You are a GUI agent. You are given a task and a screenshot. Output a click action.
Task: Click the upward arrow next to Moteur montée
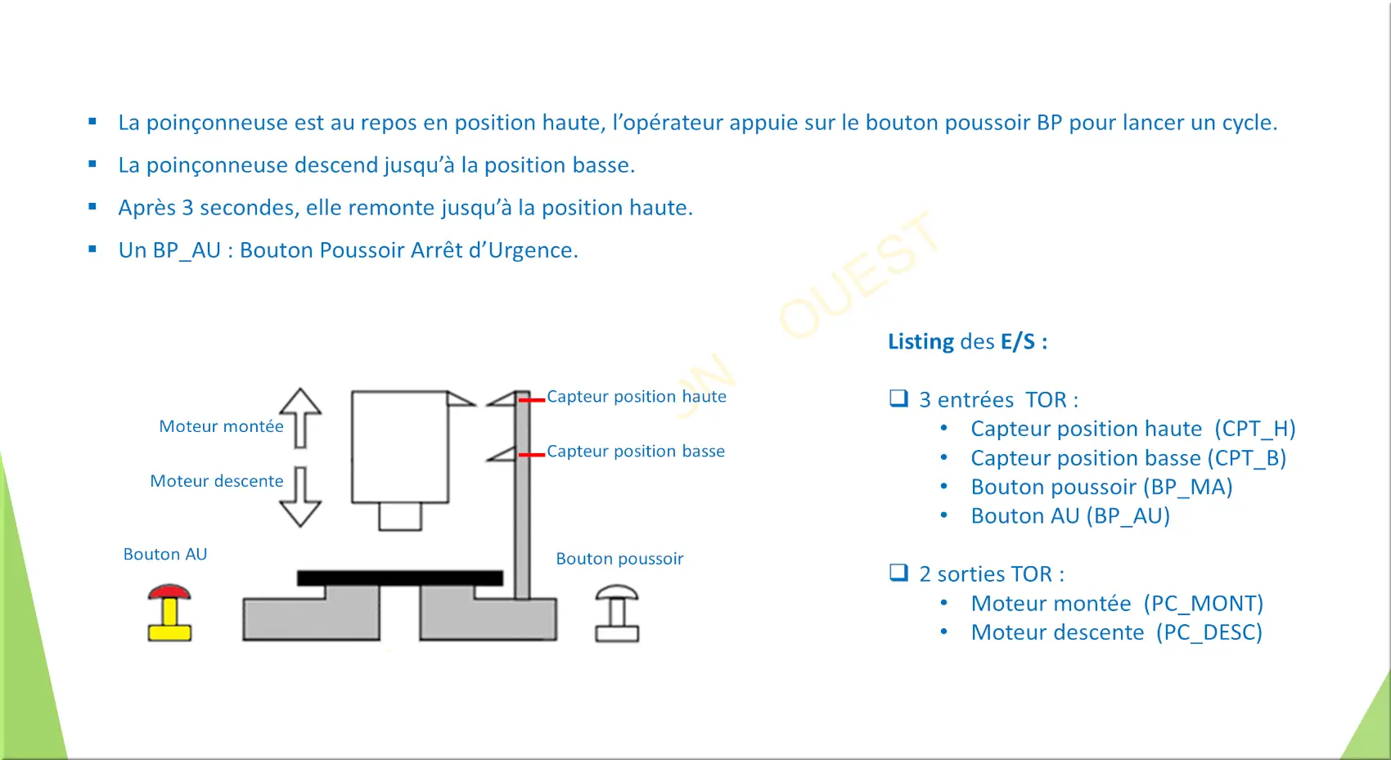pos(300,418)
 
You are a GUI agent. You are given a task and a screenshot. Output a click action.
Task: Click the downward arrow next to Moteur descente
pos(300,497)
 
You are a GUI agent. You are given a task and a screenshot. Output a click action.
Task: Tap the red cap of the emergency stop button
pos(169,591)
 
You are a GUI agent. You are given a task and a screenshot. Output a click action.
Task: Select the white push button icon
pos(617,613)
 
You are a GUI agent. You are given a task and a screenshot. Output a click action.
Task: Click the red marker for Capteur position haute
pos(532,400)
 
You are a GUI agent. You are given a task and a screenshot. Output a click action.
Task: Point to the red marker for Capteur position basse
pos(532,455)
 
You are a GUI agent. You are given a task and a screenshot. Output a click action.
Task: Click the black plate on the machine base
pos(400,578)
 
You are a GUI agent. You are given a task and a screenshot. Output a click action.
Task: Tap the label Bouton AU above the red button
pos(165,554)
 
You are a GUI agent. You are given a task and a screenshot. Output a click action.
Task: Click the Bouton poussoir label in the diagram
pos(619,559)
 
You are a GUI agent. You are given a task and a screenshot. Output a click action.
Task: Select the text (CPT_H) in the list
pos(1255,429)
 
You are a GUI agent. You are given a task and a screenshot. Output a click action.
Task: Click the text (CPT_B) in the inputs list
pos(1247,457)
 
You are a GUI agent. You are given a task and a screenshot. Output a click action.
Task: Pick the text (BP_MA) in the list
pos(1188,487)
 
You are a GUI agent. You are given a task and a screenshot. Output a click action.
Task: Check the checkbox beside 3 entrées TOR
pos(898,398)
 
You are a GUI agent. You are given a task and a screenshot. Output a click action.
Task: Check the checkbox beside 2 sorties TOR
pos(898,573)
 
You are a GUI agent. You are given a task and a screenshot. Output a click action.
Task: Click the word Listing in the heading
pos(921,341)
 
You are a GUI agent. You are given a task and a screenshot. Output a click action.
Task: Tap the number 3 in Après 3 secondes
pos(187,208)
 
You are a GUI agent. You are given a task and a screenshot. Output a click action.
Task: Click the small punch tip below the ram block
pos(400,516)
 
